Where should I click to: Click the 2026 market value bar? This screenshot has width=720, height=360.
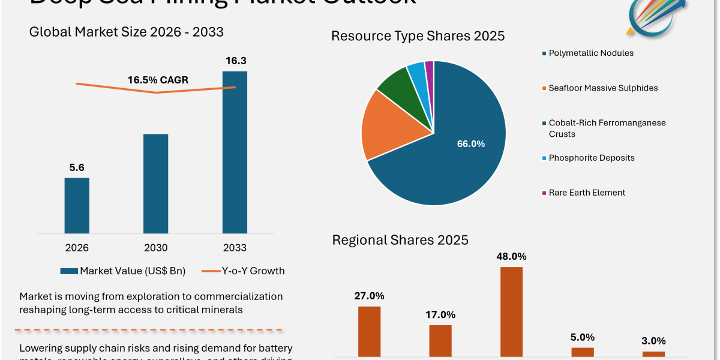tap(77, 205)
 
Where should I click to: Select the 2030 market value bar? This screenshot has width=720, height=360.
tap(156, 183)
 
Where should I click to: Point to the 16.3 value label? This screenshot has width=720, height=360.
tap(235, 61)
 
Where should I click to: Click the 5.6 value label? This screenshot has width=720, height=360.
tap(77, 167)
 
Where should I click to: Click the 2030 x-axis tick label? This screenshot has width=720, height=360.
tap(156, 248)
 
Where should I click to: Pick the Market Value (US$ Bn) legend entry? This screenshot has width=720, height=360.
tap(123, 271)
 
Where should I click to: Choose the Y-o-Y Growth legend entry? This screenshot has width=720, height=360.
tap(243, 271)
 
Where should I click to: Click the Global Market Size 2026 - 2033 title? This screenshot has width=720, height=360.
tap(126, 32)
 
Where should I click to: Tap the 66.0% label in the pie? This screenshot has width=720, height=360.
tap(471, 144)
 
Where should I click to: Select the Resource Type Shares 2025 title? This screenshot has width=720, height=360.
tap(418, 36)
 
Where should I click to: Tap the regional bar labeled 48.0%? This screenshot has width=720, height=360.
tap(511, 312)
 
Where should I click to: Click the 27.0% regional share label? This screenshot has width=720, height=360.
tap(370, 296)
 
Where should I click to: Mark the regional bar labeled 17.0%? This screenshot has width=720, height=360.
tap(440, 341)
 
